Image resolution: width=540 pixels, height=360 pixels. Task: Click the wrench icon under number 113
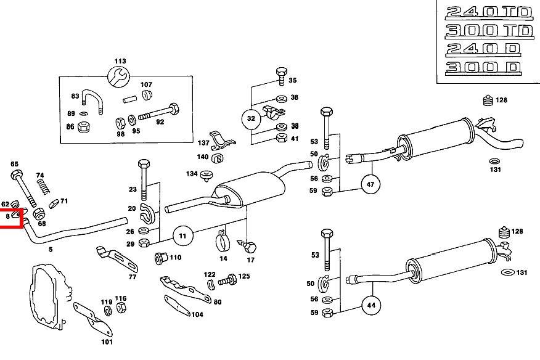[x=119, y=76]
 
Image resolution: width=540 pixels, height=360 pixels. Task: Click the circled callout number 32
[x=251, y=118]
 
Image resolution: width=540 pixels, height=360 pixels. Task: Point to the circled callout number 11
[x=182, y=235]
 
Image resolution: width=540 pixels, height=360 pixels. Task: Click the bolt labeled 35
[x=281, y=75]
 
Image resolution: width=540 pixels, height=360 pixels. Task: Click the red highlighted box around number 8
[x=11, y=218]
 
